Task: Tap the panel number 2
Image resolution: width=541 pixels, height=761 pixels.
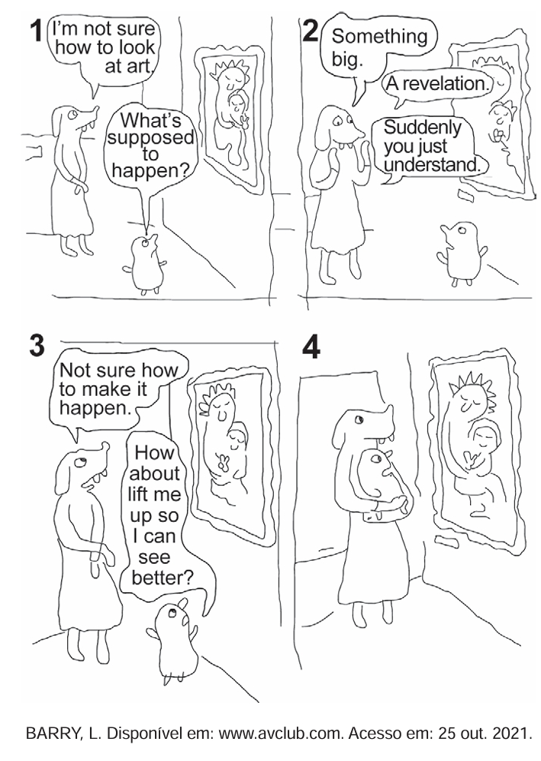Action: coord(309,31)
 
